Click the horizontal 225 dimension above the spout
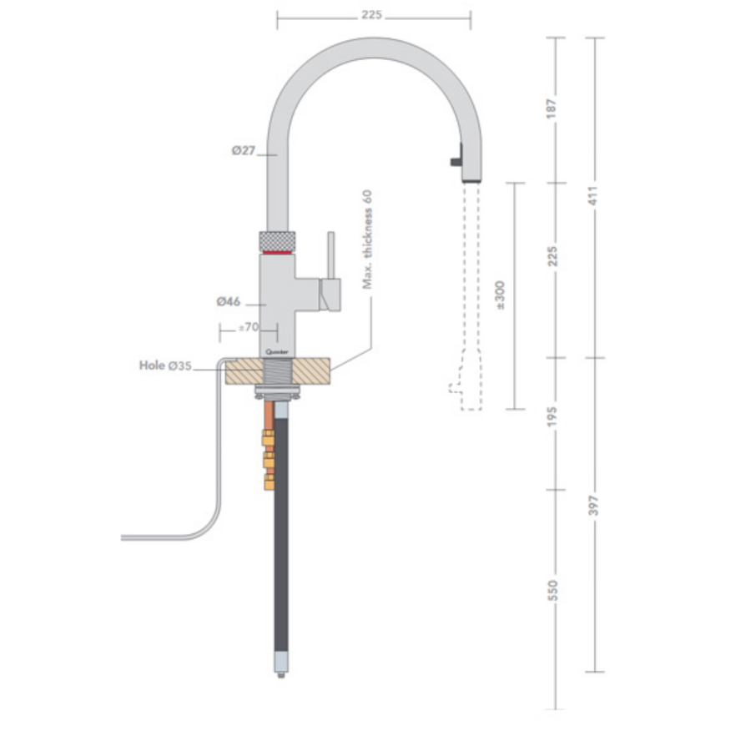pyautogui.click(x=373, y=15)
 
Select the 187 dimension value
pyautogui.click(x=552, y=108)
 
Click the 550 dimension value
pyautogui.click(x=552, y=590)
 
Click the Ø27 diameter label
pyautogui.click(x=244, y=151)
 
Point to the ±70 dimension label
pyautogui.click(x=247, y=327)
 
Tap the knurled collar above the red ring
pyautogui.click(x=277, y=237)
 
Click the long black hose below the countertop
pyautogui.click(x=282, y=534)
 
